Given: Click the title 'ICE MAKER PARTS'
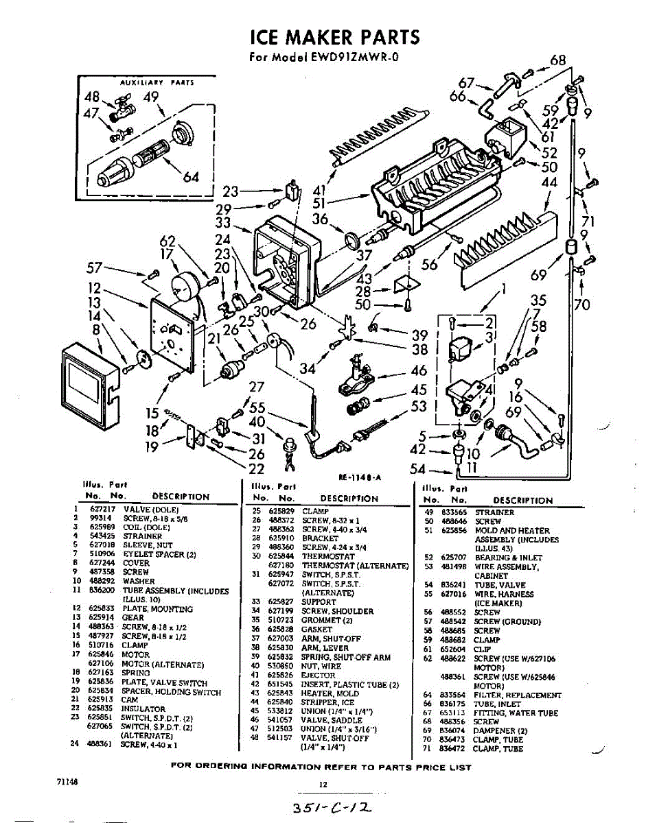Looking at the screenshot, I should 334,36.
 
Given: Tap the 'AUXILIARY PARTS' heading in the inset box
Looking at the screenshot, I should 157,82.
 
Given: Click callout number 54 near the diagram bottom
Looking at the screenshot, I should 417,470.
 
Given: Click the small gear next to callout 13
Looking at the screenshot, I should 143,359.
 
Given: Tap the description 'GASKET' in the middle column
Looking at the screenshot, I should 316,629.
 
